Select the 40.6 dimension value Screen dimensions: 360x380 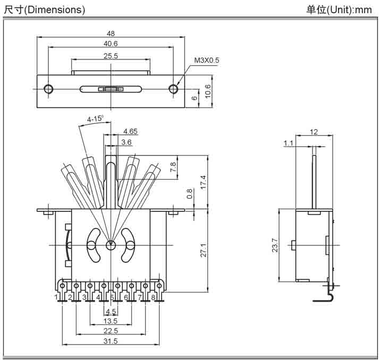pyautogui.click(x=111, y=44)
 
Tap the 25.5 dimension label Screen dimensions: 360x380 pyautogui.click(x=111, y=55)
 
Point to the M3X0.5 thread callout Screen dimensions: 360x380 pyautogui.click(x=206, y=61)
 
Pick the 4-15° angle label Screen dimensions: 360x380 pyautogui.click(x=95, y=118)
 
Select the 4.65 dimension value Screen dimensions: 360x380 pyautogui.click(x=131, y=131)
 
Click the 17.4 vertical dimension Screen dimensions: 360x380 pyautogui.click(x=202, y=182)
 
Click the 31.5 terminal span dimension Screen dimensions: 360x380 pyautogui.click(x=111, y=341)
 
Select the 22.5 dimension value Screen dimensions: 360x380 pyautogui.click(x=111, y=331)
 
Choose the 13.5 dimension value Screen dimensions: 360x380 pyautogui.click(x=111, y=321)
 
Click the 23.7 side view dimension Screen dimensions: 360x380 pyautogui.click(x=274, y=245)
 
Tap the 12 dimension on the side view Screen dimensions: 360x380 pyautogui.click(x=314, y=132)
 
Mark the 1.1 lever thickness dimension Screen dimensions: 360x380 pyautogui.click(x=289, y=143)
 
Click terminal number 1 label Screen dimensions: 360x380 pyautogui.click(x=56, y=297)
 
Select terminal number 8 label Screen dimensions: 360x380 pyautogui.click(x=154, y=297)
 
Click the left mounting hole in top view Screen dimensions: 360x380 pyautogui.click(x=49, y=89)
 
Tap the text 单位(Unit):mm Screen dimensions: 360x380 pyautogui.click(x=339, y=10)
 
